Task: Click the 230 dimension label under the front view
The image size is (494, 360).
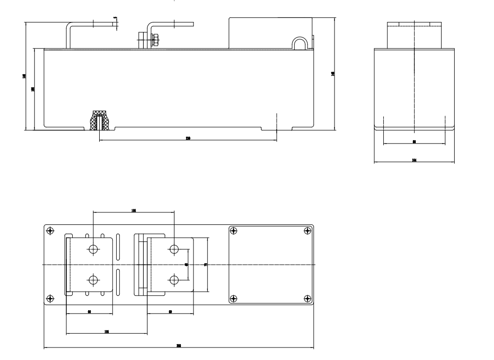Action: coord(188,138)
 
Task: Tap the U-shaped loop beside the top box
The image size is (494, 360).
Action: coord(300,44)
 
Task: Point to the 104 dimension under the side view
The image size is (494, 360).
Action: coord(414,161)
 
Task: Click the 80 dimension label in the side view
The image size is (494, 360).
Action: coord(414,142)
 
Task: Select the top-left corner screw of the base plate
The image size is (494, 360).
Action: coord(50,230)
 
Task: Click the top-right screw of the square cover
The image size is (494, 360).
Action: coord(307,230)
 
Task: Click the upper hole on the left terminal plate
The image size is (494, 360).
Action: coord(93,249)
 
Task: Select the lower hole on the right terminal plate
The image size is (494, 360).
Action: coord(174,280)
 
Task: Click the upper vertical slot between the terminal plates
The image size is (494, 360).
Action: coord(118,245)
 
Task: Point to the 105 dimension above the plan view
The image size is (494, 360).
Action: coord(134,210)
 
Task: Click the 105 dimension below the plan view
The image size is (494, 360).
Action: coord(107,332)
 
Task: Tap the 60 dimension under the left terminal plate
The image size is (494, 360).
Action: coord(89,312)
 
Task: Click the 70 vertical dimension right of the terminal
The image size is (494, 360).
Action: coord(206,265)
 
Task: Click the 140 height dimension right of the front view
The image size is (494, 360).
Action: coord(332,73)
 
